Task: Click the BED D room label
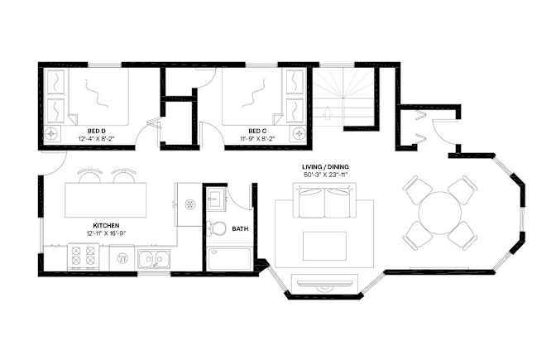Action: [x=97, y=131]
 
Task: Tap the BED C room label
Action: [x=257, y=131]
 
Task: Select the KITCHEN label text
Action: [x=106, y=226]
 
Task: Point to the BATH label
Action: [x=240, y=229]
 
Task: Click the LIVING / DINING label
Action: [x=325, y=166]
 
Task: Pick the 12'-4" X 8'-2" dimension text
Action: [x=97, y=139]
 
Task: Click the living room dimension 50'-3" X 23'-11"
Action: [x=325, y=175]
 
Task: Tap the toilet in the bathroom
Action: [x=217, y=228]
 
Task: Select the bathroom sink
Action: [x=216, y=199]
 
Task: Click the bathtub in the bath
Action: [x=229, y=259]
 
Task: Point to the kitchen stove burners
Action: [x=84, y=256]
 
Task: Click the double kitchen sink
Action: [x=154, y=259]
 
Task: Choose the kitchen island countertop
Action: [x=106, y=200]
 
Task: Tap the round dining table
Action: [x=439, y=213]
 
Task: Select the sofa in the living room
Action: [x=324, y=201]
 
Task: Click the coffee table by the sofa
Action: [x=324, y=246]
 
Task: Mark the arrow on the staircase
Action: [x=328, y=113]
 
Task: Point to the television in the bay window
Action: [x=324, y=283]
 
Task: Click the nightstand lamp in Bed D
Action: [x=51, y=133]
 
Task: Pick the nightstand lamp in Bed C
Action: [x=298, y=133]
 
